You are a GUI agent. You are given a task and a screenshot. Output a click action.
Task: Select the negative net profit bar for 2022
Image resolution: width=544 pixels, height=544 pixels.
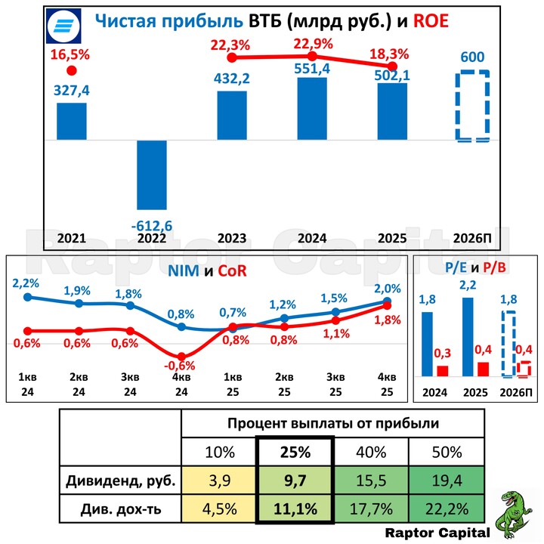click(151, 175)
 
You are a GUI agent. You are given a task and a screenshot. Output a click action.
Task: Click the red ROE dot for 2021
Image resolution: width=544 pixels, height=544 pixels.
click(71, 71)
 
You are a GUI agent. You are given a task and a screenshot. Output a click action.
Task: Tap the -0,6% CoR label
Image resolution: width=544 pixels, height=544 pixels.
click(181, 366)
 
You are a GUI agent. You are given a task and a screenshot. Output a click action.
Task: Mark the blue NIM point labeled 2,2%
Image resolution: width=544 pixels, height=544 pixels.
click(29, 297)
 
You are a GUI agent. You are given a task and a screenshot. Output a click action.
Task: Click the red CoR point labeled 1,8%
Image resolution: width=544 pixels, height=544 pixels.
click(387, 305)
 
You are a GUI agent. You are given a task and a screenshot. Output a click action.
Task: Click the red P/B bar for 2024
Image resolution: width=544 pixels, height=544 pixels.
click(442, 370)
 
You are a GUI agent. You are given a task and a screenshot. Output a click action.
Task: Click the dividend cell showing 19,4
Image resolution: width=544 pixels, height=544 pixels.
click(447, 480)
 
